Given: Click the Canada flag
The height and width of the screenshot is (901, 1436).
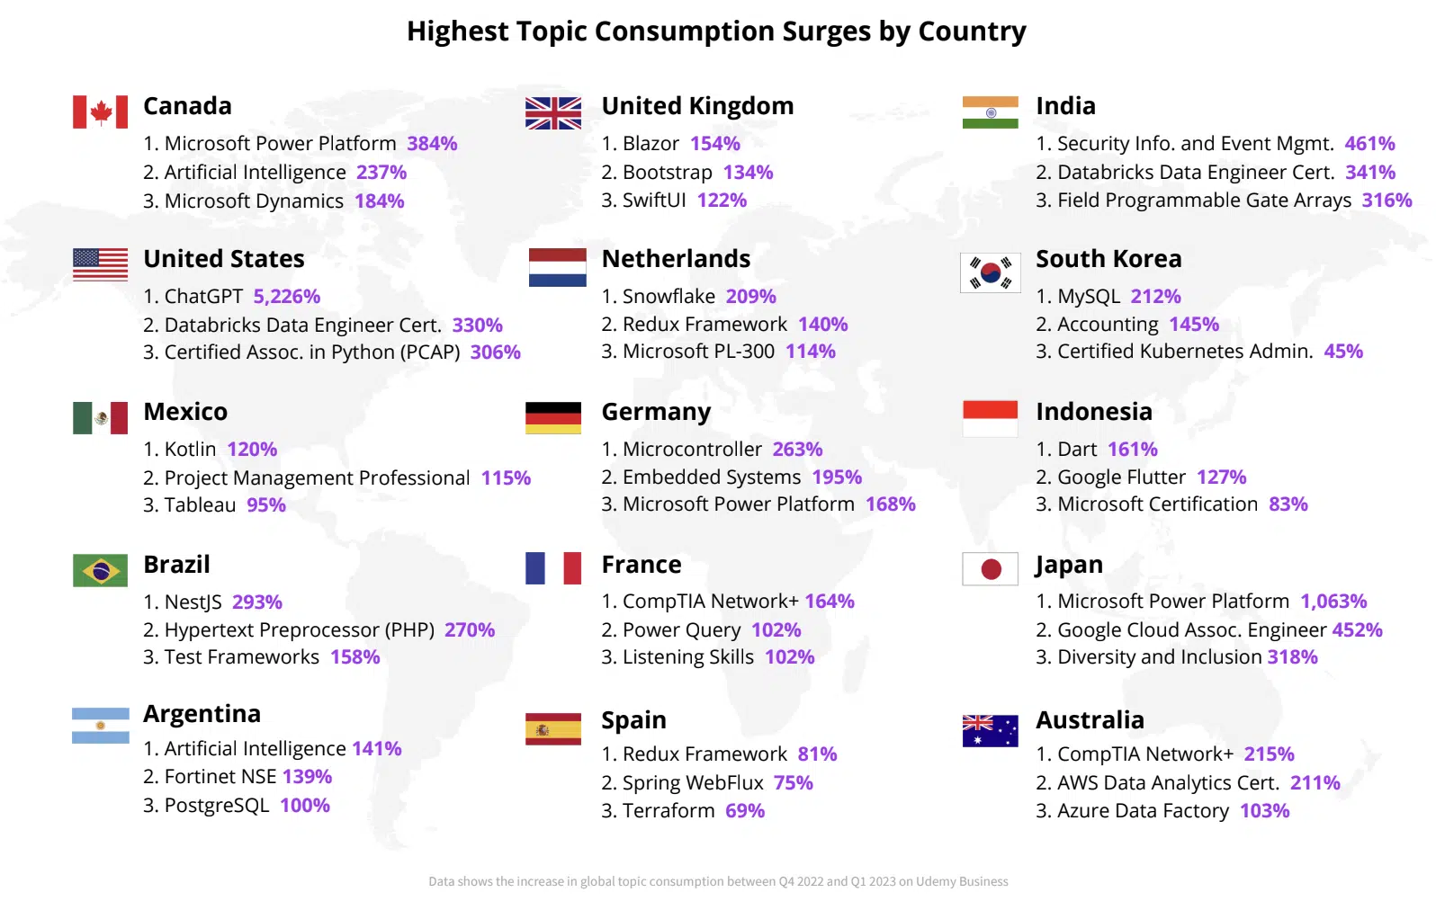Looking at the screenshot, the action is (100, 112).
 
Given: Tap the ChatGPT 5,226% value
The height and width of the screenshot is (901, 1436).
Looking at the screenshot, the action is (286, 296).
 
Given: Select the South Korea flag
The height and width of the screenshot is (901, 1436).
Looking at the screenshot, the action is (990, 272).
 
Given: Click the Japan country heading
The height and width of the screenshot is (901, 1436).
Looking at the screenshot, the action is (1069, 565).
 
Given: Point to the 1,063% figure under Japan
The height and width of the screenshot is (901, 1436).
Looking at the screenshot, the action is (1333, 601).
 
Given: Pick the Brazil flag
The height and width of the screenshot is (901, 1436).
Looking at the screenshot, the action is (100, 570).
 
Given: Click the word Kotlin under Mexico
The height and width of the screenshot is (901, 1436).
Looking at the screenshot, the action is (191, 450).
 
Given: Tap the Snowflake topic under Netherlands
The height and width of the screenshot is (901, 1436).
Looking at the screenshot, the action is (669, 296).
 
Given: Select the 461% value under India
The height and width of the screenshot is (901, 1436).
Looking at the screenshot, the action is (1369, 144).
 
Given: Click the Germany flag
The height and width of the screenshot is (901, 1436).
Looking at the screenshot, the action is (553, 418).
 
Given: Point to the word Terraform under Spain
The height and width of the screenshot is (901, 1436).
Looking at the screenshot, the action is (669, 811).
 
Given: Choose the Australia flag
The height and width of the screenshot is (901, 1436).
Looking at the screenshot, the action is (990, 730).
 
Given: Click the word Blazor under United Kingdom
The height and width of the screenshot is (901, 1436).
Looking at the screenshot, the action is (651, 144).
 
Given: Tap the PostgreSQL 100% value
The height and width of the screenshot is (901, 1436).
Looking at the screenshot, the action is (305, 805).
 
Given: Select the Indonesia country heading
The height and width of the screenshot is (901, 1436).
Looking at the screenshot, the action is (1094, 412).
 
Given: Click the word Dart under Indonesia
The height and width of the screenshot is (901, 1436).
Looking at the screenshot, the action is (1077, 450).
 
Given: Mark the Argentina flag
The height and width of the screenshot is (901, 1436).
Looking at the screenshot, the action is (100, 725).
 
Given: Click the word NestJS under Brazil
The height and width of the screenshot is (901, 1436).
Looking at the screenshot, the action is (193, 602).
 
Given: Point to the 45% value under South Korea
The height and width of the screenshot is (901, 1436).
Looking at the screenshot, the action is (1343, 352).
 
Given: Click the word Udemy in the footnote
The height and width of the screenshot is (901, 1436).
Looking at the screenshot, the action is (933, 881).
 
